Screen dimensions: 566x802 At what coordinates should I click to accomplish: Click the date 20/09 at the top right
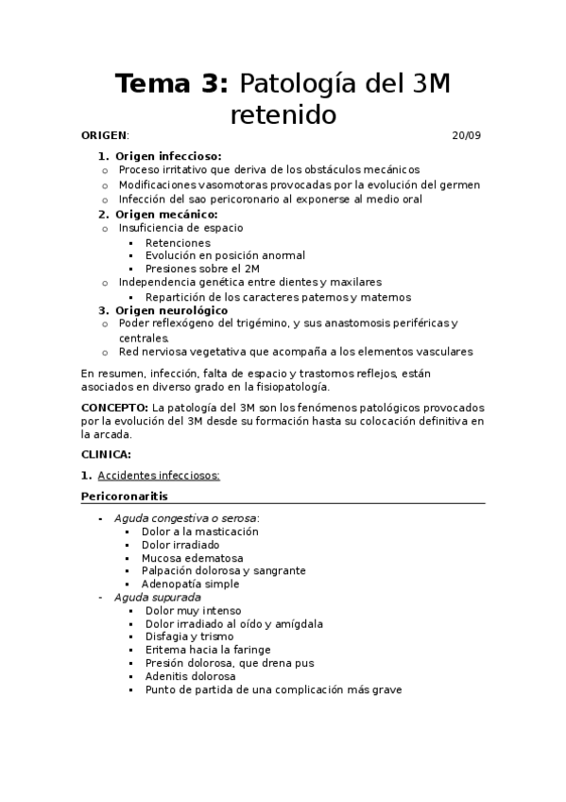(467, 135)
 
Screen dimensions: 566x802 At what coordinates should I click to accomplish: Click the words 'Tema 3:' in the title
(171, 85)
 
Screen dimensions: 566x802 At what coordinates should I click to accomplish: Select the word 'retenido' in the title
(283, 115)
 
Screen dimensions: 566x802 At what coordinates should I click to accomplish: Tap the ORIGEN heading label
(104, 135)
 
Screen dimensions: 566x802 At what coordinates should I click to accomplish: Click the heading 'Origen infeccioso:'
(169, 156)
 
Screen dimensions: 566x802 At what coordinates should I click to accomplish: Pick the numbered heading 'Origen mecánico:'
(163, 214)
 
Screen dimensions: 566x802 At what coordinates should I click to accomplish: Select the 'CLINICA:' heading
(107, 455)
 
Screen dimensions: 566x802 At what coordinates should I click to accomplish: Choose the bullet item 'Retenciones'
(179, 242)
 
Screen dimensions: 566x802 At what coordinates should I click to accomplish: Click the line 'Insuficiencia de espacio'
(180, 228)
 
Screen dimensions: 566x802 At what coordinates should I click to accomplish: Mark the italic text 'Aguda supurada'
(157, 598)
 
